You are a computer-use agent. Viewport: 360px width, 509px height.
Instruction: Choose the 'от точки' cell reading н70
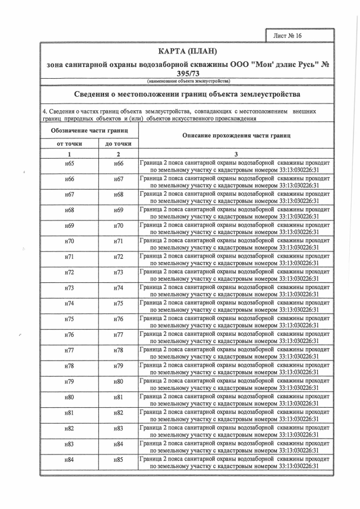pos(69,241)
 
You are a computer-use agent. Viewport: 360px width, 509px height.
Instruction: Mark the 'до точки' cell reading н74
pos(118,288)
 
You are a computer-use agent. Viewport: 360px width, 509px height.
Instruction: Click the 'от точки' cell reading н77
pos(69,350)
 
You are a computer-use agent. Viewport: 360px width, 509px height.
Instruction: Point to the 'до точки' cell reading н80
pos(118,382)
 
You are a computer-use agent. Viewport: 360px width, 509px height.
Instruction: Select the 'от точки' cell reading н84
pos(69,460)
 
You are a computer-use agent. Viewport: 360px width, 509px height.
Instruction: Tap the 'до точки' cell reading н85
pos(118,460)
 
